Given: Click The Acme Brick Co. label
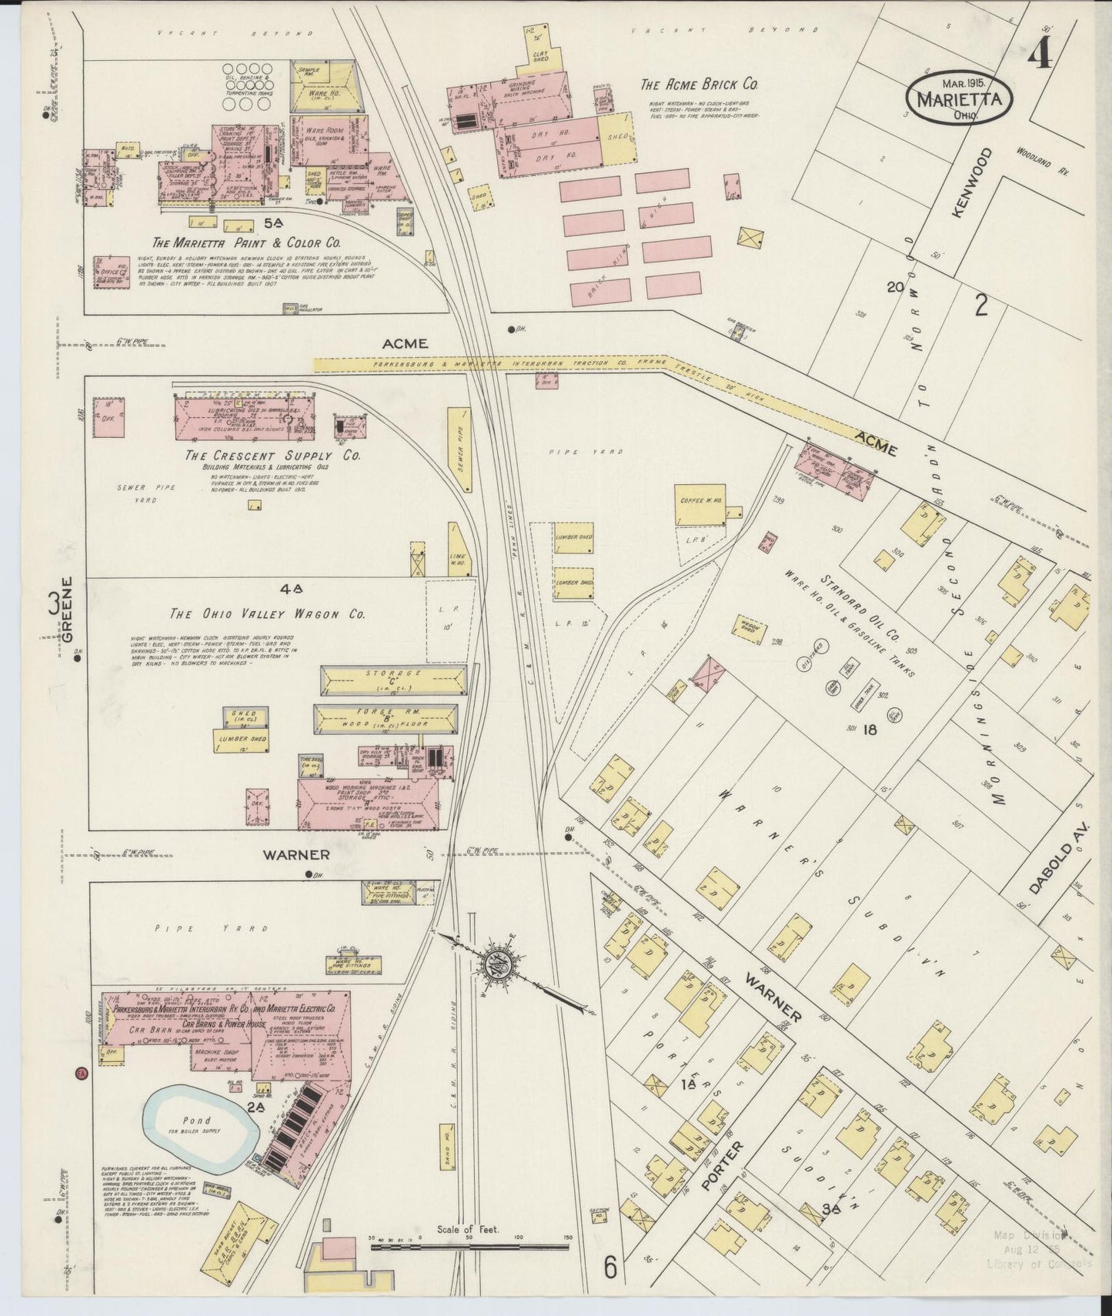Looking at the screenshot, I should [700, 85].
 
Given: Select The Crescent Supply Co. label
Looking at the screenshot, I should [272, 456].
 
